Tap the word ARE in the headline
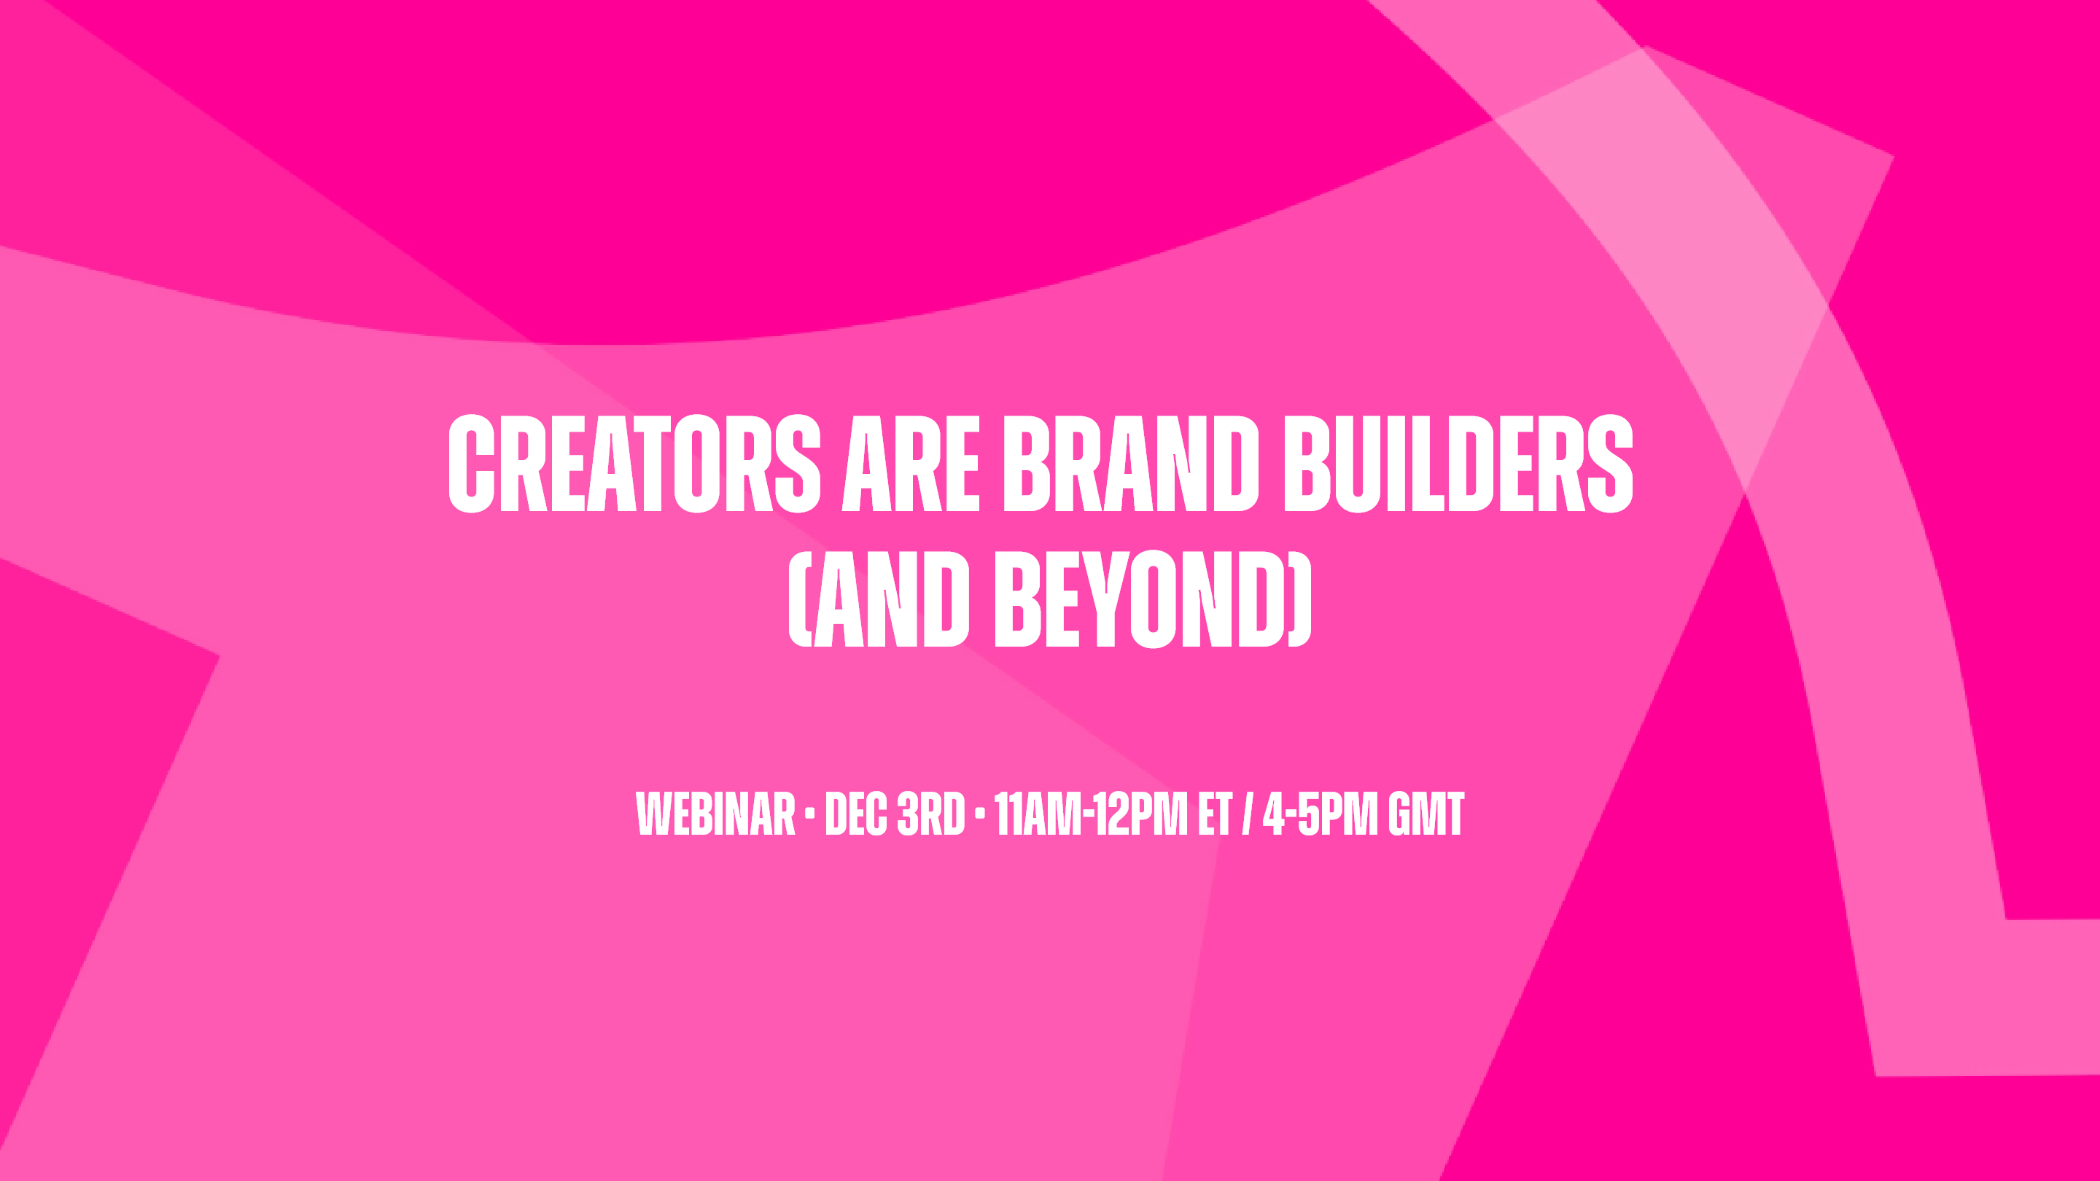911,464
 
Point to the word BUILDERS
1458,464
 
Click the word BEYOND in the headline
1141,599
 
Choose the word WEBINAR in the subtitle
715,814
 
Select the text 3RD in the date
930,814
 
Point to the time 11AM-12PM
1091,814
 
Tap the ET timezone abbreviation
1215,814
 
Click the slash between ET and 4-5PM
1246,814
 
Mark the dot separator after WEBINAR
809,813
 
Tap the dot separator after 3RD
979,813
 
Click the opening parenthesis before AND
800,599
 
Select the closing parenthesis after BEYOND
1299,599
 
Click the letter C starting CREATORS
472,464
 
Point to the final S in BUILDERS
1609,464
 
